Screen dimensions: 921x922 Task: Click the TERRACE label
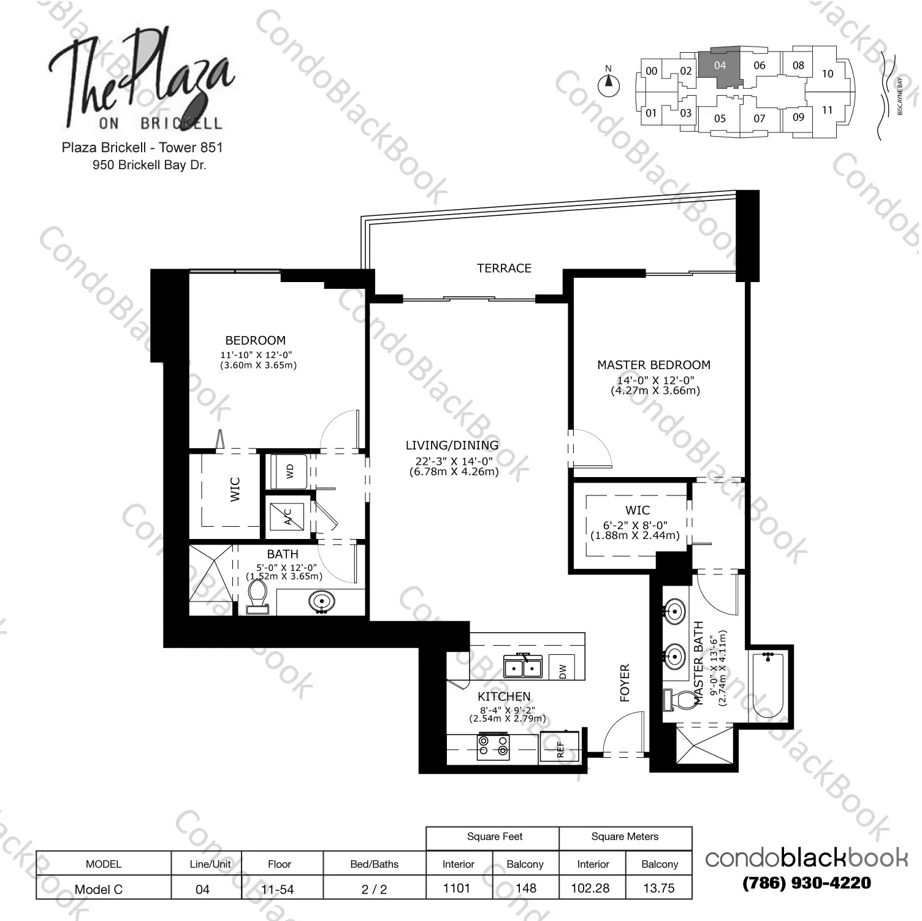[504, 268]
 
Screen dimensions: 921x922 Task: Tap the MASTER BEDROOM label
[653, 365]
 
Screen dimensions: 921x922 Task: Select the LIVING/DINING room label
[452, 445]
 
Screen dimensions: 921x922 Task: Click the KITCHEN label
[504, 697]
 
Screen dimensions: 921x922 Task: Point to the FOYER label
[625, 682]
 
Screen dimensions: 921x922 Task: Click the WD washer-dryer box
[289, 471]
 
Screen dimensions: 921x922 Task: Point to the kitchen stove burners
[493, 746]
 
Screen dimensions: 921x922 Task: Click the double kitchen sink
[522, 666]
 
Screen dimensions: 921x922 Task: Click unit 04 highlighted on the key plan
[720, 66]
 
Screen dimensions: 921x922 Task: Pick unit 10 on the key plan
[828, 74]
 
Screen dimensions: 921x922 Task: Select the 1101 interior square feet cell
[457, 888]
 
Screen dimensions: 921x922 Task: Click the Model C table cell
[99, 889]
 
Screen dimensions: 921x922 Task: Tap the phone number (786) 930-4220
[806, 883]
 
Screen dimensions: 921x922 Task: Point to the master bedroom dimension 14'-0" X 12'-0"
[655, 380]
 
